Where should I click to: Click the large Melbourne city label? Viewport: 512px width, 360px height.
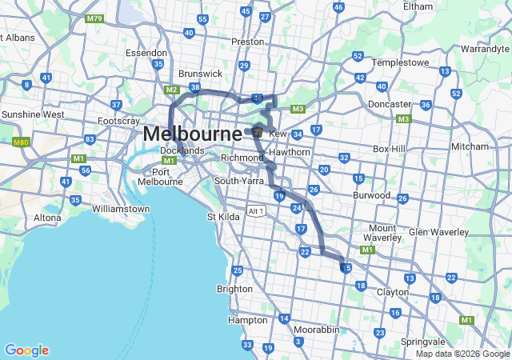pyautogui.click(x=192, y=134)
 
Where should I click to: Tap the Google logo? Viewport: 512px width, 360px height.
pyautogui.click(x=26, y=350)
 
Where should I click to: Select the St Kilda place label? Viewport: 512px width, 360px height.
pyautogui.click(x=223, y=217)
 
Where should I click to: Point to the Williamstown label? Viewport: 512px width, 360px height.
pyautogui.click(x=121, y=209)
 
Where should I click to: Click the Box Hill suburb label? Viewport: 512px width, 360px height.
pyautogui.click(x=390, y=149)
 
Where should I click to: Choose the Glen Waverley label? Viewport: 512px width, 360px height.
pyautogui.click(x=438, y=232)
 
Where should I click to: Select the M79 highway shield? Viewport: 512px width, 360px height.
pyautogui.click(x=94, y=18)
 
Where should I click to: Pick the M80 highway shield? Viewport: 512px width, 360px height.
pyautogui.click(x=21, y=142)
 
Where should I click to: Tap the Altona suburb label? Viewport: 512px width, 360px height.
pyautogui.click(x=47, y=218)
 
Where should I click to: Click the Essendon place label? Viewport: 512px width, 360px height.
pyautogui.click(x=146, y=53)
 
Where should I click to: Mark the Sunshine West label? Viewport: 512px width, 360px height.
pyautogui.click(x=33, y=114)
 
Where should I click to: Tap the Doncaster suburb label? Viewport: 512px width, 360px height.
pyautogui.click(x=390, y=104)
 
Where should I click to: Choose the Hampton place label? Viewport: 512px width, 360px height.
pyautogui.click(x=248, y=319)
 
